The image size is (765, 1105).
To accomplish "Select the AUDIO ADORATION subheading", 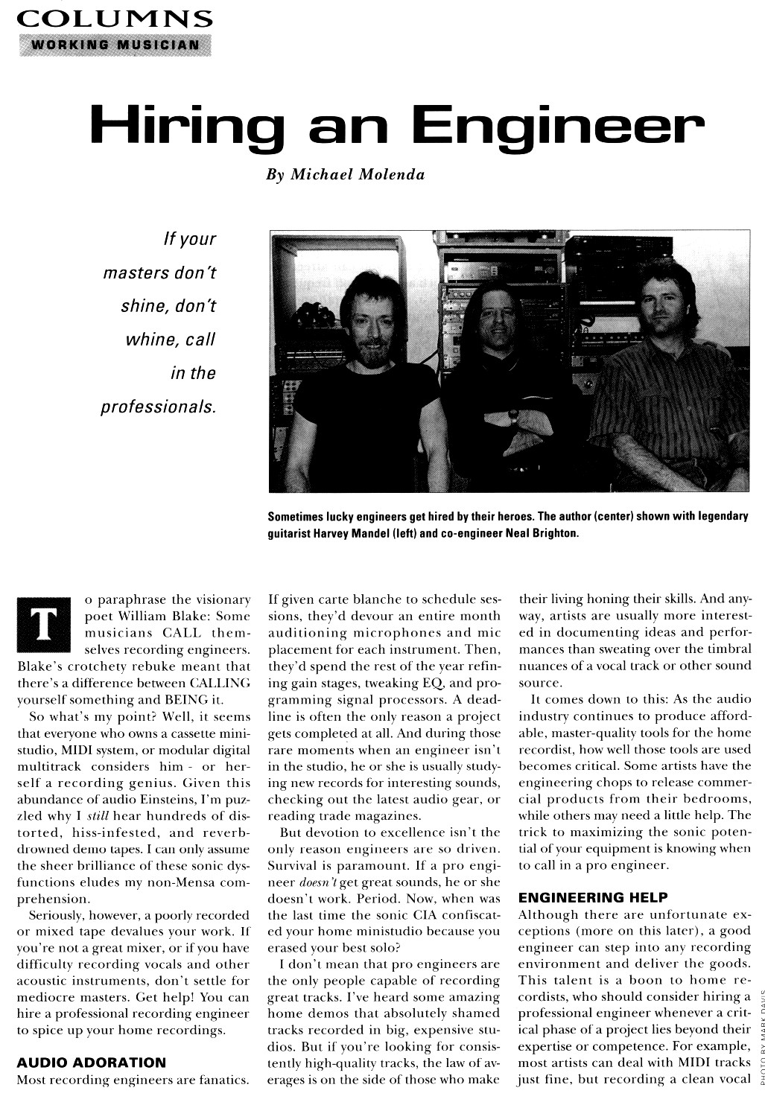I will coord(91,1062).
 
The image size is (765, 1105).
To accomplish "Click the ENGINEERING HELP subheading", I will coord(593,897).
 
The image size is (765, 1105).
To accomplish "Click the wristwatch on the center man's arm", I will coord(513,415).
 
